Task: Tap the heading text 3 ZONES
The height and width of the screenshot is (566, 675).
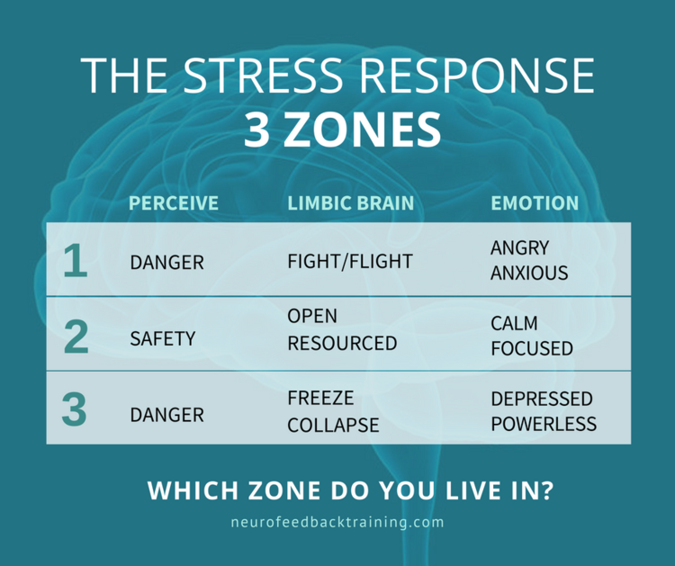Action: [x=343, y=130]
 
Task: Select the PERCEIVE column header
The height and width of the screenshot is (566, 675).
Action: [x=174, y=203]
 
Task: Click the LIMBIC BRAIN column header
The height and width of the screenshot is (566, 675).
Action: [x=351, y=203]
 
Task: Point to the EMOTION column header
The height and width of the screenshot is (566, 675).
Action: [x=535, y=203]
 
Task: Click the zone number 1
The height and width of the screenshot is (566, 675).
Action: [x=76, y=262]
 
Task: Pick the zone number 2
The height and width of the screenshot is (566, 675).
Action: [x=76, y=336]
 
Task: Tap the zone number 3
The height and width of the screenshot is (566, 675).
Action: [x=75, y=409]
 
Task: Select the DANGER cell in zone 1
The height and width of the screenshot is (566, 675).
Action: [x=166, y=263]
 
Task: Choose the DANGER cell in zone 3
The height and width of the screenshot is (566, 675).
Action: [x=166, y=416]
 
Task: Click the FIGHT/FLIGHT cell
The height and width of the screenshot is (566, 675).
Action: [x=350, y=262]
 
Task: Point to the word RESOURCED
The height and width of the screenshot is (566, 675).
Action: [x=342, y=344]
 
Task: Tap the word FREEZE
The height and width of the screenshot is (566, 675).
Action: [x=321, y=398]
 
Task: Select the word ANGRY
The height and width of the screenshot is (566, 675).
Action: [x=520, y=247]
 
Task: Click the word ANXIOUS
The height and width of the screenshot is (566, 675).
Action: [x=529, y=272]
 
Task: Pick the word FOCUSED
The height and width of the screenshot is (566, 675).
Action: [x=532, y=348]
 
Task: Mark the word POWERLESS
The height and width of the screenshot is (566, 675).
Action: [x=544, y=424]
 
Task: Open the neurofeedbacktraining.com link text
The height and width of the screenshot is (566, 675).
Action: [x=337, y=522]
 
